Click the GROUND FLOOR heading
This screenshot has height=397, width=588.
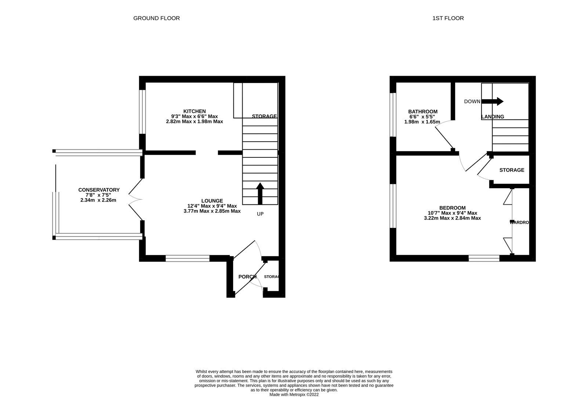(156, 18)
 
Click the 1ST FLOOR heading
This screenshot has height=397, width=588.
(448, 18)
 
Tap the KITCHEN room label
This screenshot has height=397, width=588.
(195, 111)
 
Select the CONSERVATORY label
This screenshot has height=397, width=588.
(99, 190)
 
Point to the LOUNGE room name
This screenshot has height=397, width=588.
(212, 201)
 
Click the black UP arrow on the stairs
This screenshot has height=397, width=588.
(260, 193)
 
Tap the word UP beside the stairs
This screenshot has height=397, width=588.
(260, 214)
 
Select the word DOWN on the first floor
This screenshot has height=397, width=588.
(472, 101)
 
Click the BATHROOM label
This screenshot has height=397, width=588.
(423, 112)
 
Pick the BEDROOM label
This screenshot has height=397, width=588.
(452, 208)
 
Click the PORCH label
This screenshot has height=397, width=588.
(247, 277)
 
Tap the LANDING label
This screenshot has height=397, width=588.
(493, 117)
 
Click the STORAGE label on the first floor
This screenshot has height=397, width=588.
(512, 170)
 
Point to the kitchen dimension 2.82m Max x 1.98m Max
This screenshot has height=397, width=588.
(195, 121)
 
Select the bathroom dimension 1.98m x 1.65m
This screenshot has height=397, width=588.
(422, 122)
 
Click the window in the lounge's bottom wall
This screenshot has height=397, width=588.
(188, 259)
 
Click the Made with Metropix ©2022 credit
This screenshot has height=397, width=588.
(294, 394)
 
